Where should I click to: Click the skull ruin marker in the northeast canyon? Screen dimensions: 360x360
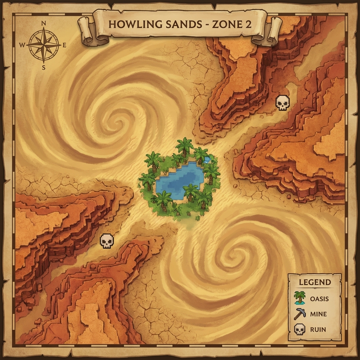point(282,103)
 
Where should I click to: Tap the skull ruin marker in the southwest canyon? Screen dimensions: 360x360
point(107,241)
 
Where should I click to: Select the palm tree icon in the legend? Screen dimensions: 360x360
point(299,298)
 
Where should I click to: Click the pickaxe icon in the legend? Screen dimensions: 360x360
point(299,314)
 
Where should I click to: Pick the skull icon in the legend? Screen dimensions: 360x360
point(299,329)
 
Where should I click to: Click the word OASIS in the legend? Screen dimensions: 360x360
point(319,299)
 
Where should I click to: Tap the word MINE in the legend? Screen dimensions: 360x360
point(318,314)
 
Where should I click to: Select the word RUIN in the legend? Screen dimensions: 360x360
point(318,330)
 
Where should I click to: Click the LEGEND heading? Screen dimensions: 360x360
point(315,282)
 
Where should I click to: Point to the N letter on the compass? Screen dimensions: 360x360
point(44,24)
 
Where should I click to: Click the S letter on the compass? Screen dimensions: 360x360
point(44,67)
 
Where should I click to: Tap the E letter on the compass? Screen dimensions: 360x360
point(65,45)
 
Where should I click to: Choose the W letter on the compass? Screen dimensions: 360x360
point(22,45)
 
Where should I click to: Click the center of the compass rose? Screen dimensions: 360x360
point(44,45)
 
